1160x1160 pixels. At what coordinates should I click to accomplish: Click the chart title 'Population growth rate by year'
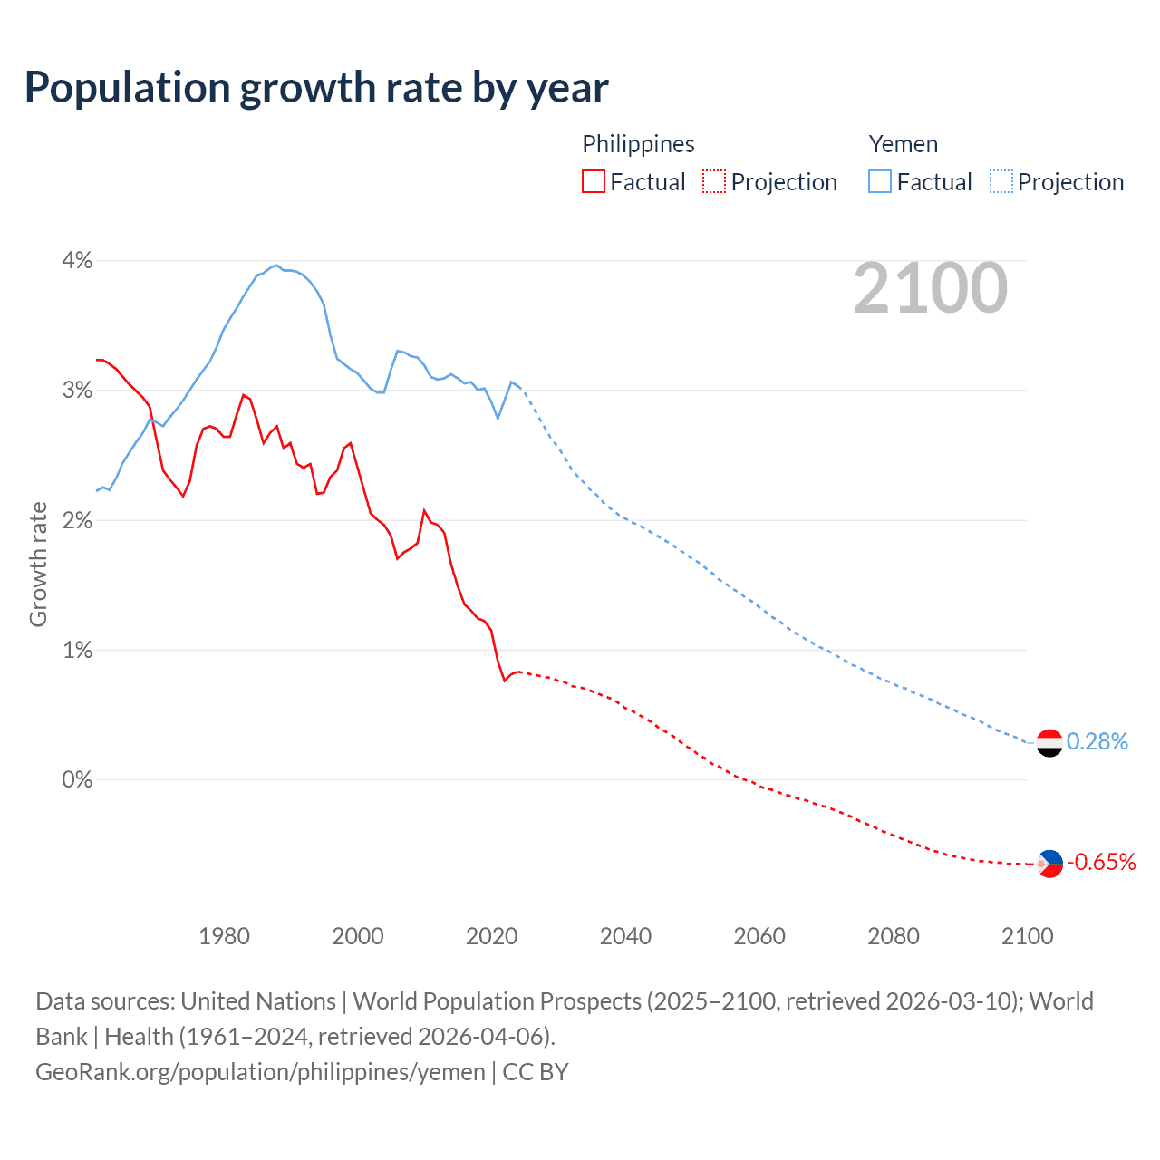[316, 88]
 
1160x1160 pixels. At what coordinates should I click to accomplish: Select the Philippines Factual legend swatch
[593, 182]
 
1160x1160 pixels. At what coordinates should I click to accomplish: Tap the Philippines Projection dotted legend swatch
[714, 182]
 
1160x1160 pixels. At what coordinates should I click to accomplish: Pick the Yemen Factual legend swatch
[879, 182]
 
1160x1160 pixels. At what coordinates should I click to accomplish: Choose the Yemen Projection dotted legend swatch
[1000, 182]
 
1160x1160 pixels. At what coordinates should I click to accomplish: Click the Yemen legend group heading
[903, 144]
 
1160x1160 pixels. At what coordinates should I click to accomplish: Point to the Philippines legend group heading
[638, 144]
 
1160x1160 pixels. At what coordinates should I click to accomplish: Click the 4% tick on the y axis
[77, 261]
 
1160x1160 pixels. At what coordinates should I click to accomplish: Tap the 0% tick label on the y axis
[77, 780]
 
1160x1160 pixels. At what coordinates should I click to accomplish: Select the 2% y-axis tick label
[77, 520]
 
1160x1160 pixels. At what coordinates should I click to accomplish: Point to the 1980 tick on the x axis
[224, 936]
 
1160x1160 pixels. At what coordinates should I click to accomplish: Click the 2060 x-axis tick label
[759, 936]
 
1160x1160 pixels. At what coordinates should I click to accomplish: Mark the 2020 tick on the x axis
[491, 936]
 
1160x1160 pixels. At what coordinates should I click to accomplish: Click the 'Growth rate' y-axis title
[38, 564]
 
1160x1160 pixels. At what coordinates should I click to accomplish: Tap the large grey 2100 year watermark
[930, 288]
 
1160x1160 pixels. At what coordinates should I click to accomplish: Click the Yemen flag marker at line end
[1049, 743]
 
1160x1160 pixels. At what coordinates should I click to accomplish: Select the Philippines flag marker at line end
[1049, 864]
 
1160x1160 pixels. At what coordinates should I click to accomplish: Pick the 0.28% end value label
[1097, 742]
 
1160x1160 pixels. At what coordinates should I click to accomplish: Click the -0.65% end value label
[1101, 862]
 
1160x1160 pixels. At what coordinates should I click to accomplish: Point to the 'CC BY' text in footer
[536, 1072]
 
